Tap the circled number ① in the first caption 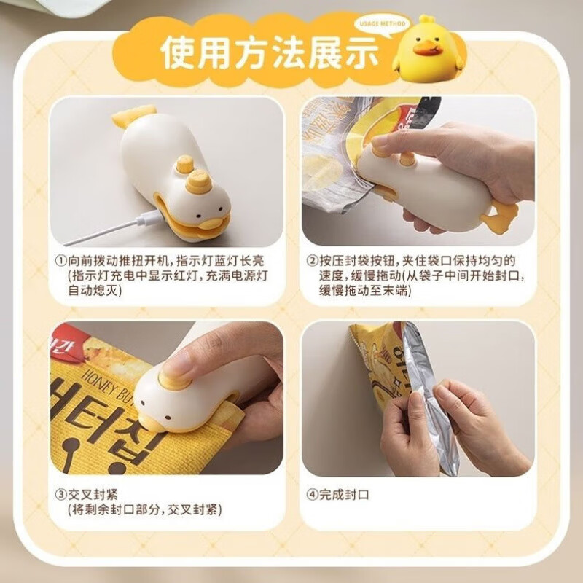click(x=60, y=260)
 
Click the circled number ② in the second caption click(x=312, y=260)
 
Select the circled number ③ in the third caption click(x=60, y=493)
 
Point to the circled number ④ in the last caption click(x=312, y=494)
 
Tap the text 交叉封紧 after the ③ click(x=90, y=493)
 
